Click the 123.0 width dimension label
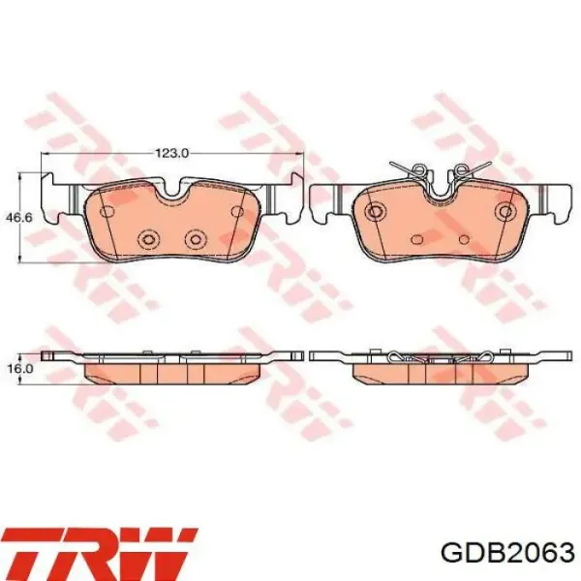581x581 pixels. (x=172, y=153)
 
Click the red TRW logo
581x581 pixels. (x=99, y=554)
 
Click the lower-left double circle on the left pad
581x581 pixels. (x=148, y=239)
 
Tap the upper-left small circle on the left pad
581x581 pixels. (x=107, y=211)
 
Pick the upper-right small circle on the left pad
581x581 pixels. (x=237, y=211)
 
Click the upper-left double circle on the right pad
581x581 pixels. (x=376, y=211)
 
